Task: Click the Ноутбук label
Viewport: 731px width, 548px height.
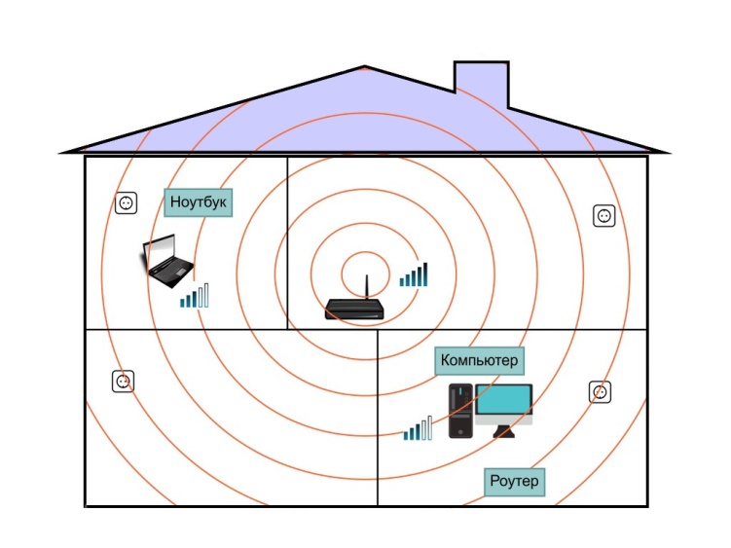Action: [x=199, y=202]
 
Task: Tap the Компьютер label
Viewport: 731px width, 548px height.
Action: [x=479, y=360]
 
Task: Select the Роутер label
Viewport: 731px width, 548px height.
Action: [x=514, y=481]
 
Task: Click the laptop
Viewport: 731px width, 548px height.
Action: [x=167, y=260]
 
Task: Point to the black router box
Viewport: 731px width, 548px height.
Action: [x=354, y=310]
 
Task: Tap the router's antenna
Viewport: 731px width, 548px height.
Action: [x=366, y=287]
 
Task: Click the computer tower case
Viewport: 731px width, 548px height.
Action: [x=460, y=411]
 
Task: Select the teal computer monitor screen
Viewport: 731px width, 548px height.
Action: [x=503, y=400]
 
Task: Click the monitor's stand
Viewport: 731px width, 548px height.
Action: [x=503, y=431]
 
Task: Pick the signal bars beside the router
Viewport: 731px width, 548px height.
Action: [x=414, y=274]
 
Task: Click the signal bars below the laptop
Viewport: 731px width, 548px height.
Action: [x=195, y=296]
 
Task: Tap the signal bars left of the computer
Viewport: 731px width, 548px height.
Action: [x=418, y=428]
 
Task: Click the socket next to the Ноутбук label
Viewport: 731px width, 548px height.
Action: [x=126, y=203]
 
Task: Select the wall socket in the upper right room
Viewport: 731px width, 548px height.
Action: [x=604, y=216]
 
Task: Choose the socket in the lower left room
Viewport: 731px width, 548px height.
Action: [x=123, y=382]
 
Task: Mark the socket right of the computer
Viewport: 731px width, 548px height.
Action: [x=600, y=392]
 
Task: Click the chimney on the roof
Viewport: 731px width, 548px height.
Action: [x=481, y=84]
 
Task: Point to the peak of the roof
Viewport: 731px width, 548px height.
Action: [x=365, y=67]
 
